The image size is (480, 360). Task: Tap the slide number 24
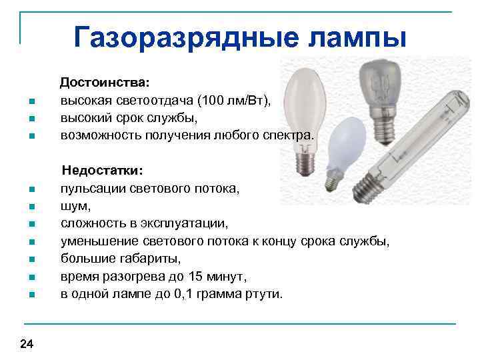27,344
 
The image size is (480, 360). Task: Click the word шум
73,206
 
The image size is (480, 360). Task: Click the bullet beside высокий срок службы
32,119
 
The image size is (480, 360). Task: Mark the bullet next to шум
32,207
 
